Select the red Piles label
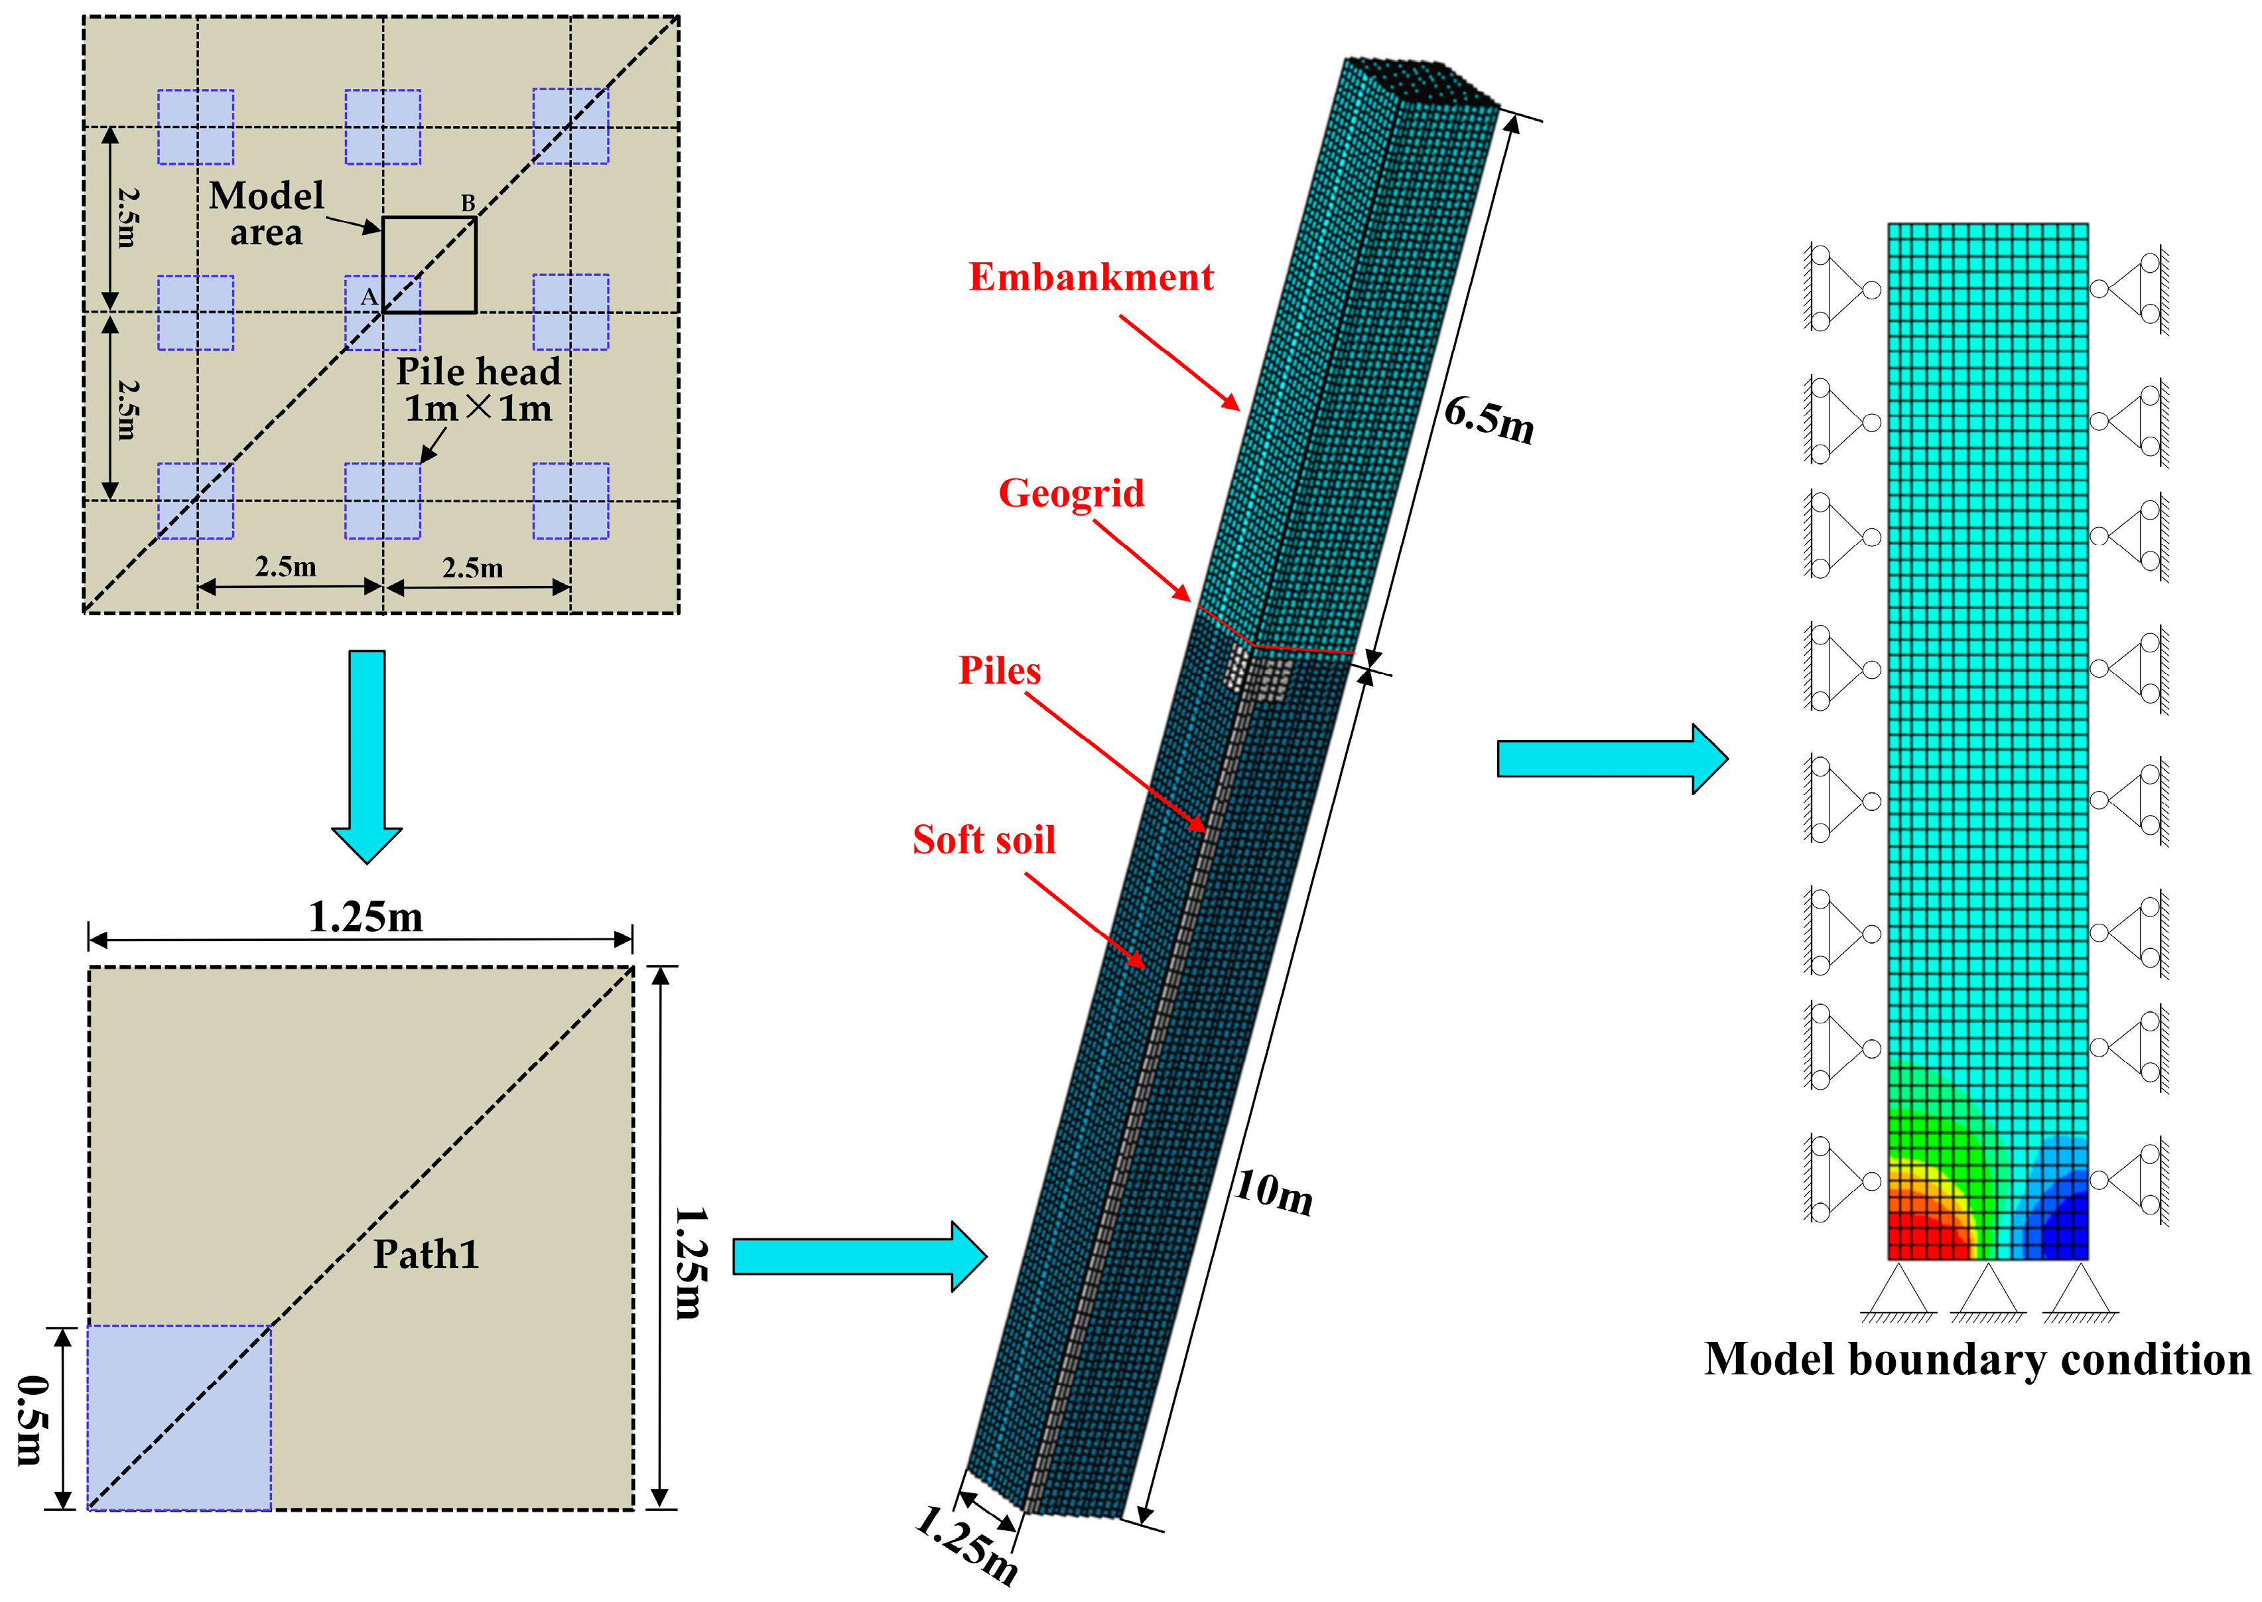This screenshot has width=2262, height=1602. (999, 671)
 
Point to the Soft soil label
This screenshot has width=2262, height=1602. (983, 840)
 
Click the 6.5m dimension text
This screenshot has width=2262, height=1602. (1489, 419)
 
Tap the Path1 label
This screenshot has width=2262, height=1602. (426, 1255)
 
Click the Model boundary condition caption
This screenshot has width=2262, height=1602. (1976, 1359)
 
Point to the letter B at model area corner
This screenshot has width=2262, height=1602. (468, 203)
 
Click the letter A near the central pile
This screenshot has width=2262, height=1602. (367, 296)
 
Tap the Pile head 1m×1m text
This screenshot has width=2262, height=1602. (478, 390)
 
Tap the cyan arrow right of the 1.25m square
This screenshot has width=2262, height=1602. (858, 1256)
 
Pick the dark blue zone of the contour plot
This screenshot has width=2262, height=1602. (2061, 1233)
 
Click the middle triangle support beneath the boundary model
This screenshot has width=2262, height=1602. (1988, 1292)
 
